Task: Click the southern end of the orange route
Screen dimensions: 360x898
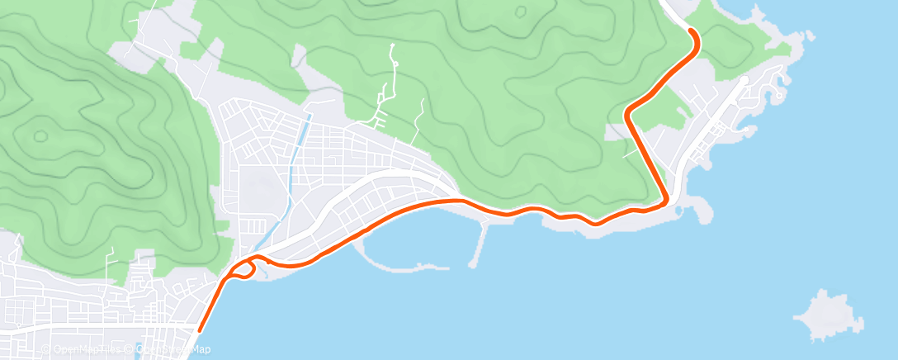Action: pos(199,331)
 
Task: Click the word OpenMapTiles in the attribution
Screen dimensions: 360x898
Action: pos(87,349)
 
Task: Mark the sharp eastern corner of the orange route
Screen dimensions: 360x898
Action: pos(665,200)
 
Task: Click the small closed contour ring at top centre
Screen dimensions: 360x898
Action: pos(521,12)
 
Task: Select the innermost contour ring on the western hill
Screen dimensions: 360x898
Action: pos(39,135)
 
